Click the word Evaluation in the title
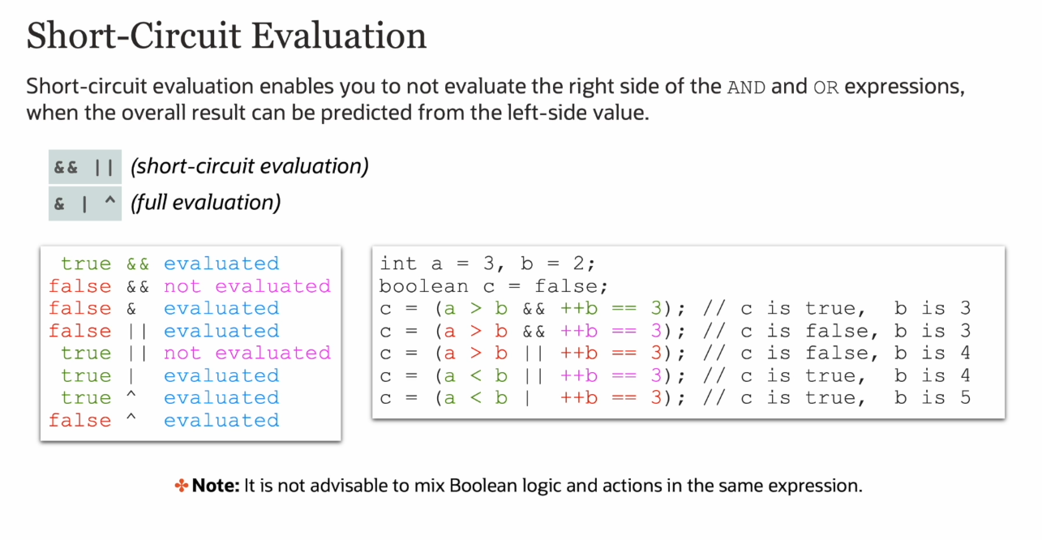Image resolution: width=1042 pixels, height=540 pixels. [339, 36]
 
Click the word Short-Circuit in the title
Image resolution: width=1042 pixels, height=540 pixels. [134, 36]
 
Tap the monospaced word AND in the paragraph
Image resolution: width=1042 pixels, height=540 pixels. [746, 88]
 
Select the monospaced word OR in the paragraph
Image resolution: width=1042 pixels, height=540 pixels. [825, 88]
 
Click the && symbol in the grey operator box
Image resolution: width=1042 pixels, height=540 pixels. [66, 167]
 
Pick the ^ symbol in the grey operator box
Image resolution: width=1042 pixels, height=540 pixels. [109, 201]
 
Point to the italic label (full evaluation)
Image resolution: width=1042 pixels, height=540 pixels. [206, 203]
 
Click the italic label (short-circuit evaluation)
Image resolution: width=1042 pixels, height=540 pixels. [249, 166]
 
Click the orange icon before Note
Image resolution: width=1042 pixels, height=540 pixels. [182, 486]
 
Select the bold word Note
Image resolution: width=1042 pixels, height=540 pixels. [216, 486]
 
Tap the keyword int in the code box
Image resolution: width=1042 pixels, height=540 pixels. [398, 264]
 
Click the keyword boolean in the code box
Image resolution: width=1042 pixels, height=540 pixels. [424, 286]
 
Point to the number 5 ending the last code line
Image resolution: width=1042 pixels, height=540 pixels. [965, 397]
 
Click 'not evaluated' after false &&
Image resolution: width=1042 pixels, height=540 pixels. [247, 286]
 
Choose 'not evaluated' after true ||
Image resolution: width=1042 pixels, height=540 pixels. [247, 353]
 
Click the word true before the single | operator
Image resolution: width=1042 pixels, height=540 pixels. [86, 375]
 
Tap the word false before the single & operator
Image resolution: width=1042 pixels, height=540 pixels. [80, 308]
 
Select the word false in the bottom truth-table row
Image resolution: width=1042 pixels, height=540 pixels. [80, 421]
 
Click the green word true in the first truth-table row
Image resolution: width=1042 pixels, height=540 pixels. [86, 264]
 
